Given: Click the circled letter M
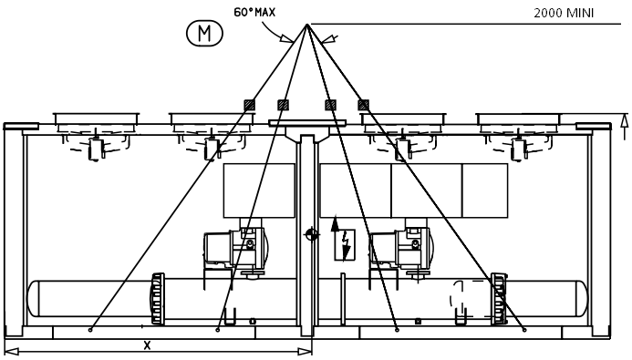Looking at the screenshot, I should [204, 35].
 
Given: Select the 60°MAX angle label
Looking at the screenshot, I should [254, 13].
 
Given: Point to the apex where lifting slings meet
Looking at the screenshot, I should [307, 25].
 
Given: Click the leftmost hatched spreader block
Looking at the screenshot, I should [248, 105].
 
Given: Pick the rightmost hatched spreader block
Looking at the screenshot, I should [363, 105].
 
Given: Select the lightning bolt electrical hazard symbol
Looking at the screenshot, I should [346, 241].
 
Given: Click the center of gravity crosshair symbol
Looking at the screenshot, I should [312, 235].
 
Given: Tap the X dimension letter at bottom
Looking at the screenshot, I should [147, 345].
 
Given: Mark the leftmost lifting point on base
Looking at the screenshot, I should [89, 329].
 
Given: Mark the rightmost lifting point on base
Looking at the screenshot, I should [525, 329].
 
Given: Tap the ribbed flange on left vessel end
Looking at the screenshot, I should [157, 299].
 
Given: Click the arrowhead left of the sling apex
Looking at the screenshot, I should [290, 39].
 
